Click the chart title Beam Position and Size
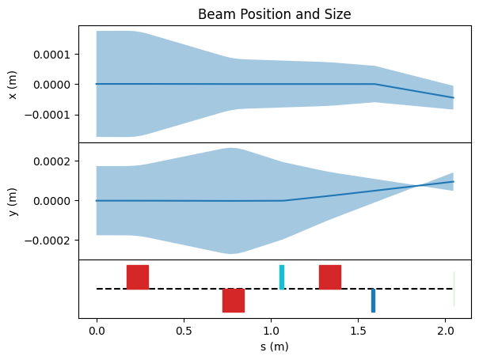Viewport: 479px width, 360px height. (x=274, y=14)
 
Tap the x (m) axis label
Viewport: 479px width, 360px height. (x=13, y=85)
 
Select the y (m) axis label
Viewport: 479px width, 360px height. (x=13, y=202)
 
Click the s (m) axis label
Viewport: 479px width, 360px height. (x=274, y=347)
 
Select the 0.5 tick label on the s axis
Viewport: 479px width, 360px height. (x=184, y=331)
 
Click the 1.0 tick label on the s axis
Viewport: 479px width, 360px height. (x=271, y=331)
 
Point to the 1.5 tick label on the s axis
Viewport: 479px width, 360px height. (x=358, y=331)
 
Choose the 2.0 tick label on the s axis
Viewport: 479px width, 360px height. (x=445, y=331)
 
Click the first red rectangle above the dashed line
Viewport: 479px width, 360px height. (x=138, y=277)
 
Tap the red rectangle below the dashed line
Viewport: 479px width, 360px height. (x=234, y=301)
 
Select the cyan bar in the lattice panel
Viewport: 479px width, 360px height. (x=282, y=277)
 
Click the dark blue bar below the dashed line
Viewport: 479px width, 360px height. (x=373, y=301)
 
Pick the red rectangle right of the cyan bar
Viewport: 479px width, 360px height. (x=330, y=277)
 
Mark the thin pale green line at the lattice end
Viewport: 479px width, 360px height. (x=454, y=289)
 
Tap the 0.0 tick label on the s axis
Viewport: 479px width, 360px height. (x=97, y=331)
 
